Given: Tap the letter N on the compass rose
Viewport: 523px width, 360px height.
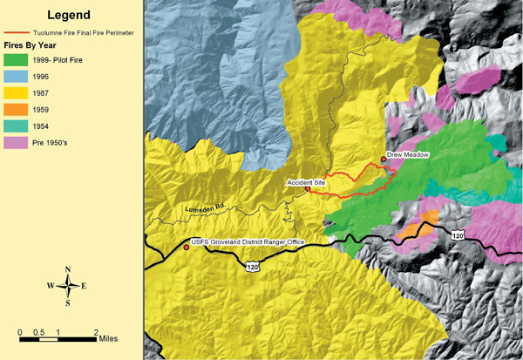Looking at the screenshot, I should click(x=68, y=270).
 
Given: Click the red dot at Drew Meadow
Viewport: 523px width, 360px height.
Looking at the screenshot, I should click(x=384, y=160).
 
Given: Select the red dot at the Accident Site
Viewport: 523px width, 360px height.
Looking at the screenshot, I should click(x=308, y=188).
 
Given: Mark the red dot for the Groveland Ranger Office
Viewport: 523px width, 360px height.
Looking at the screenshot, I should click(x=186, y=247).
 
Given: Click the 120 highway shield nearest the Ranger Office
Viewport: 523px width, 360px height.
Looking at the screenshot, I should click(x=252, y=264).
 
